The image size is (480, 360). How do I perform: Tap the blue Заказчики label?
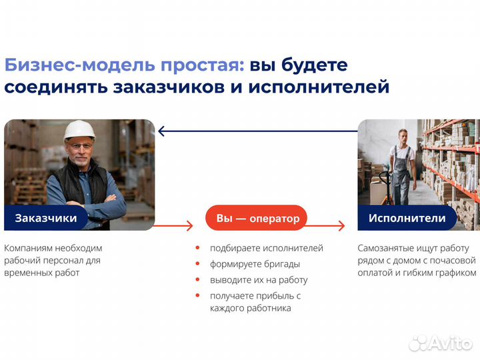(46, 218)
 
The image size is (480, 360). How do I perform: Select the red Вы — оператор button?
(257, 218)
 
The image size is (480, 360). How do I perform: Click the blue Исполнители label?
(407, 218)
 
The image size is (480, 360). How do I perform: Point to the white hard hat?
(79, 129)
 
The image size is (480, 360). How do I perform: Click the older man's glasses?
(81, 145)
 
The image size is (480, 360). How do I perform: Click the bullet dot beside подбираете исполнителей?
(197, 248)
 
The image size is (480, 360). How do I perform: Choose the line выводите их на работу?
(259, 280)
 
